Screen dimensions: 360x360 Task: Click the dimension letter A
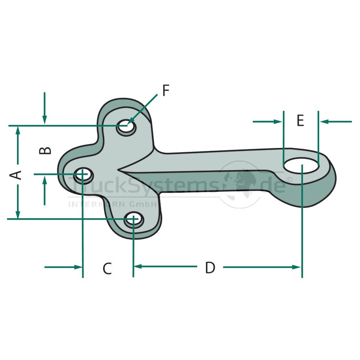coord(16,175)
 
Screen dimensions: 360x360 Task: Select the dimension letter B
coord(45,151)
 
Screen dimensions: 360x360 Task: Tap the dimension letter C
coord(107,268)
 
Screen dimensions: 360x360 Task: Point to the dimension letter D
coord(210,267)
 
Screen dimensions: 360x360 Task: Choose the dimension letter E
coord(300,120)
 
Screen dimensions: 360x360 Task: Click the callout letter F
coord(166,91)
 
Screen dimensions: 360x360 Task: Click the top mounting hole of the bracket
coord(126,127)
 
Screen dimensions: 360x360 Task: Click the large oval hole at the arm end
coord(301,165)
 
